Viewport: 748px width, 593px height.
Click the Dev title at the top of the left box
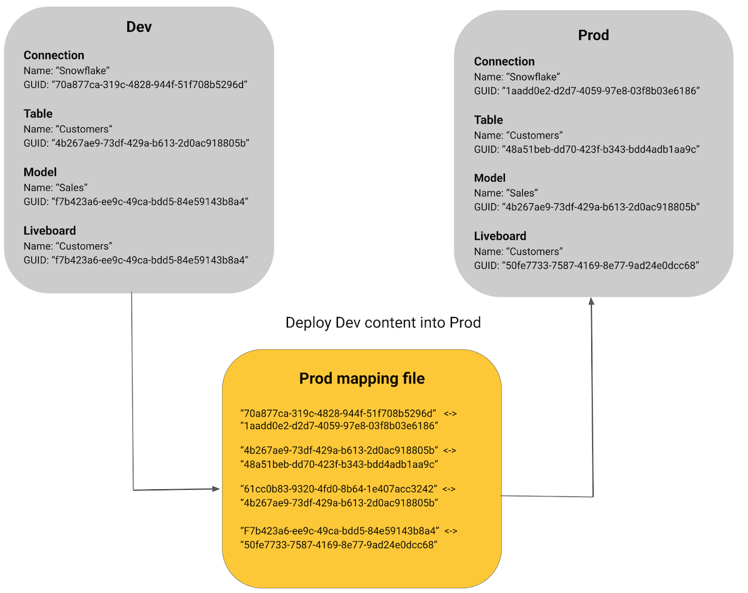(x=139, y=27)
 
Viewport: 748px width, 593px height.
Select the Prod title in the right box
(x=593, y=35)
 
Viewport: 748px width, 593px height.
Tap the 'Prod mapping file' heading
(x=362, y=378)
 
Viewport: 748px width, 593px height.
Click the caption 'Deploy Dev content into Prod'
(x=383, y=322)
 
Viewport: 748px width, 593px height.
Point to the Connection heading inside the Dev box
(x=54, y=55)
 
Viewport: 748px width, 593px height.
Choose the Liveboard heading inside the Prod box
(x=500, y=236)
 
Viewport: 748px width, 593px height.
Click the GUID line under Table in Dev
(x=136, y=143)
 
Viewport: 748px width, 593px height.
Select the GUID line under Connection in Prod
(x=587, y=90)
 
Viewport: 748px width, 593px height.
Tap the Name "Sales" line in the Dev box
(x=55, y=187)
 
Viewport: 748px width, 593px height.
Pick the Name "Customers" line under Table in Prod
(x=518, y=135)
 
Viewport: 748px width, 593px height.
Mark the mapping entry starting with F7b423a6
(x=340, y=531)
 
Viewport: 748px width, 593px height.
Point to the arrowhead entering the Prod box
(x=592, y=301)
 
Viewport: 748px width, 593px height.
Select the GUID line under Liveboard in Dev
(x=136, y=260)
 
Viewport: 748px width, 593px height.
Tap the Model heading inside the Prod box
(x=490, y=178)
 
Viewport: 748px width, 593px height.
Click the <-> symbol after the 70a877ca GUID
(x=451, y=413)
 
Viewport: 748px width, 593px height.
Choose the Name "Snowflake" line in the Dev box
(x=67, y=70)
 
